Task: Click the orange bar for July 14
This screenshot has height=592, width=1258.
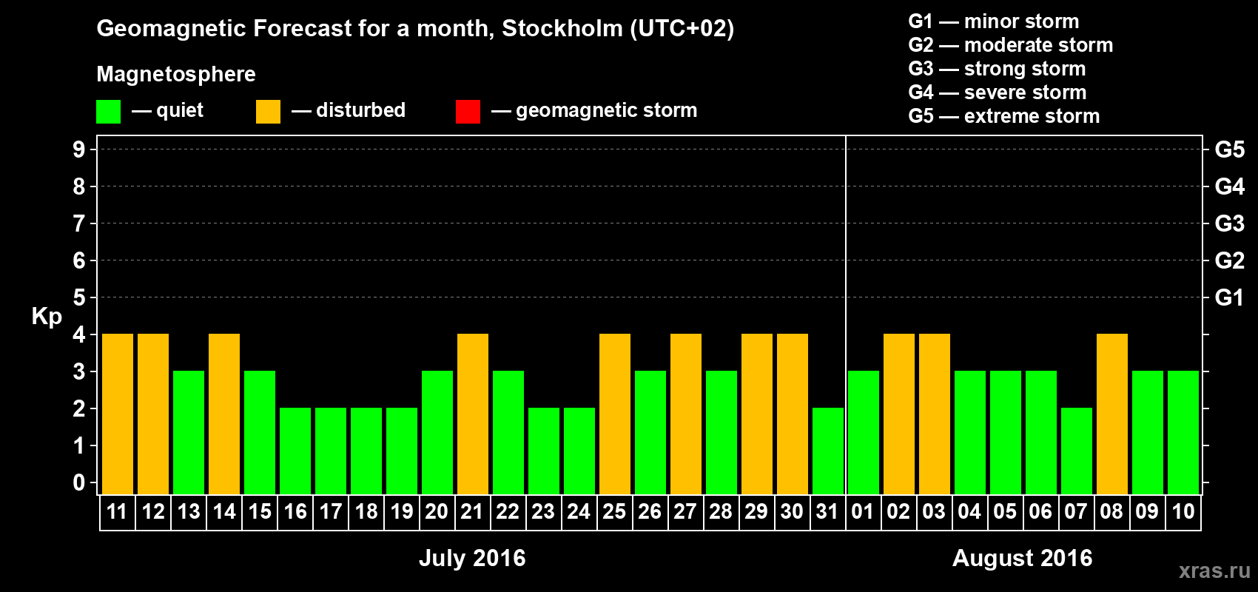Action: (x=224, y=414)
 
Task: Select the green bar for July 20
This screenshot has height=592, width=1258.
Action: (x=437, y=432)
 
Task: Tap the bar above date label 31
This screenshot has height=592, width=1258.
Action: (x=828, y=451)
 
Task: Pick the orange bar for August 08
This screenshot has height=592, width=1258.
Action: (x=1112, y=414)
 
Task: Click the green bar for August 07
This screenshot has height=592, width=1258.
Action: (x=1077, y=451)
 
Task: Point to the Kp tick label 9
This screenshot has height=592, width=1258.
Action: (x=78, y=149)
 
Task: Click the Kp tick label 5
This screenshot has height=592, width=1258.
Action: (x=78, y=297)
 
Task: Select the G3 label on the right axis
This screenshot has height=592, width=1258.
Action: (x=1229, y=223)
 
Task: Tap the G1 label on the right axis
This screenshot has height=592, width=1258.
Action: (x=1229, y=297)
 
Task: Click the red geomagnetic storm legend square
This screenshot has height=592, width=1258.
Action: (x=468, y=112)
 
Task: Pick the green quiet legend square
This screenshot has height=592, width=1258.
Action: (x=109, y=112)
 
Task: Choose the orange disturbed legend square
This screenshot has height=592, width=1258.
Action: (x=268, y=112)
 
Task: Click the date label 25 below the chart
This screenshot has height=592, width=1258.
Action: (x=614, y=511)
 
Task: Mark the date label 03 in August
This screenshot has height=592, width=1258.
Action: (x=934, y=511)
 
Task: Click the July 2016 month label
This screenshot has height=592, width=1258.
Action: (x=472, y=558)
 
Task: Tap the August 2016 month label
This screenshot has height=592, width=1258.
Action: (x=1022, y=558)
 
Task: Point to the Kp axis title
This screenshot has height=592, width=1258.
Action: (x=47, y=316)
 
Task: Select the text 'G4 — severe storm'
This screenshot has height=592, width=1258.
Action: (x=997, y=92)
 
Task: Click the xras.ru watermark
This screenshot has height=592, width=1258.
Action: (x=1214, y=570)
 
